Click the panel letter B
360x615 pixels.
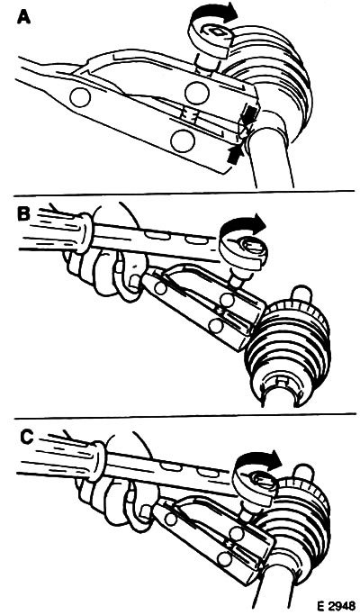pos(23,213)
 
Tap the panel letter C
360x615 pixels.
pos(26,438)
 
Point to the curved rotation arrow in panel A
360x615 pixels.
pos(215,13)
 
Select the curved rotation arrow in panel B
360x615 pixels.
pos(244,222)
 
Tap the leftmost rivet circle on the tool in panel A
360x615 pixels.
pos(80,97)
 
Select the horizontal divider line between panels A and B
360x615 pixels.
pos(184,193)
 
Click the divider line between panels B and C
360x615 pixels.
pos(185,416)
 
